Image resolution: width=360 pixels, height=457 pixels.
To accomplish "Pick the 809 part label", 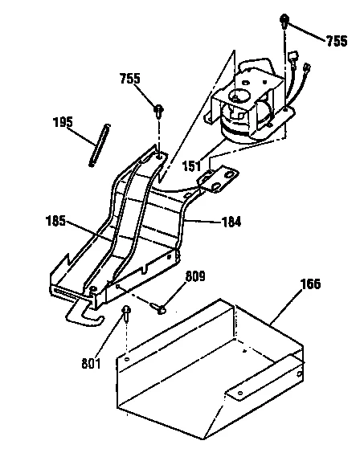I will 195,278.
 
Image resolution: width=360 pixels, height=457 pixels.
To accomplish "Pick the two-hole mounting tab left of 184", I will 221,177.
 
